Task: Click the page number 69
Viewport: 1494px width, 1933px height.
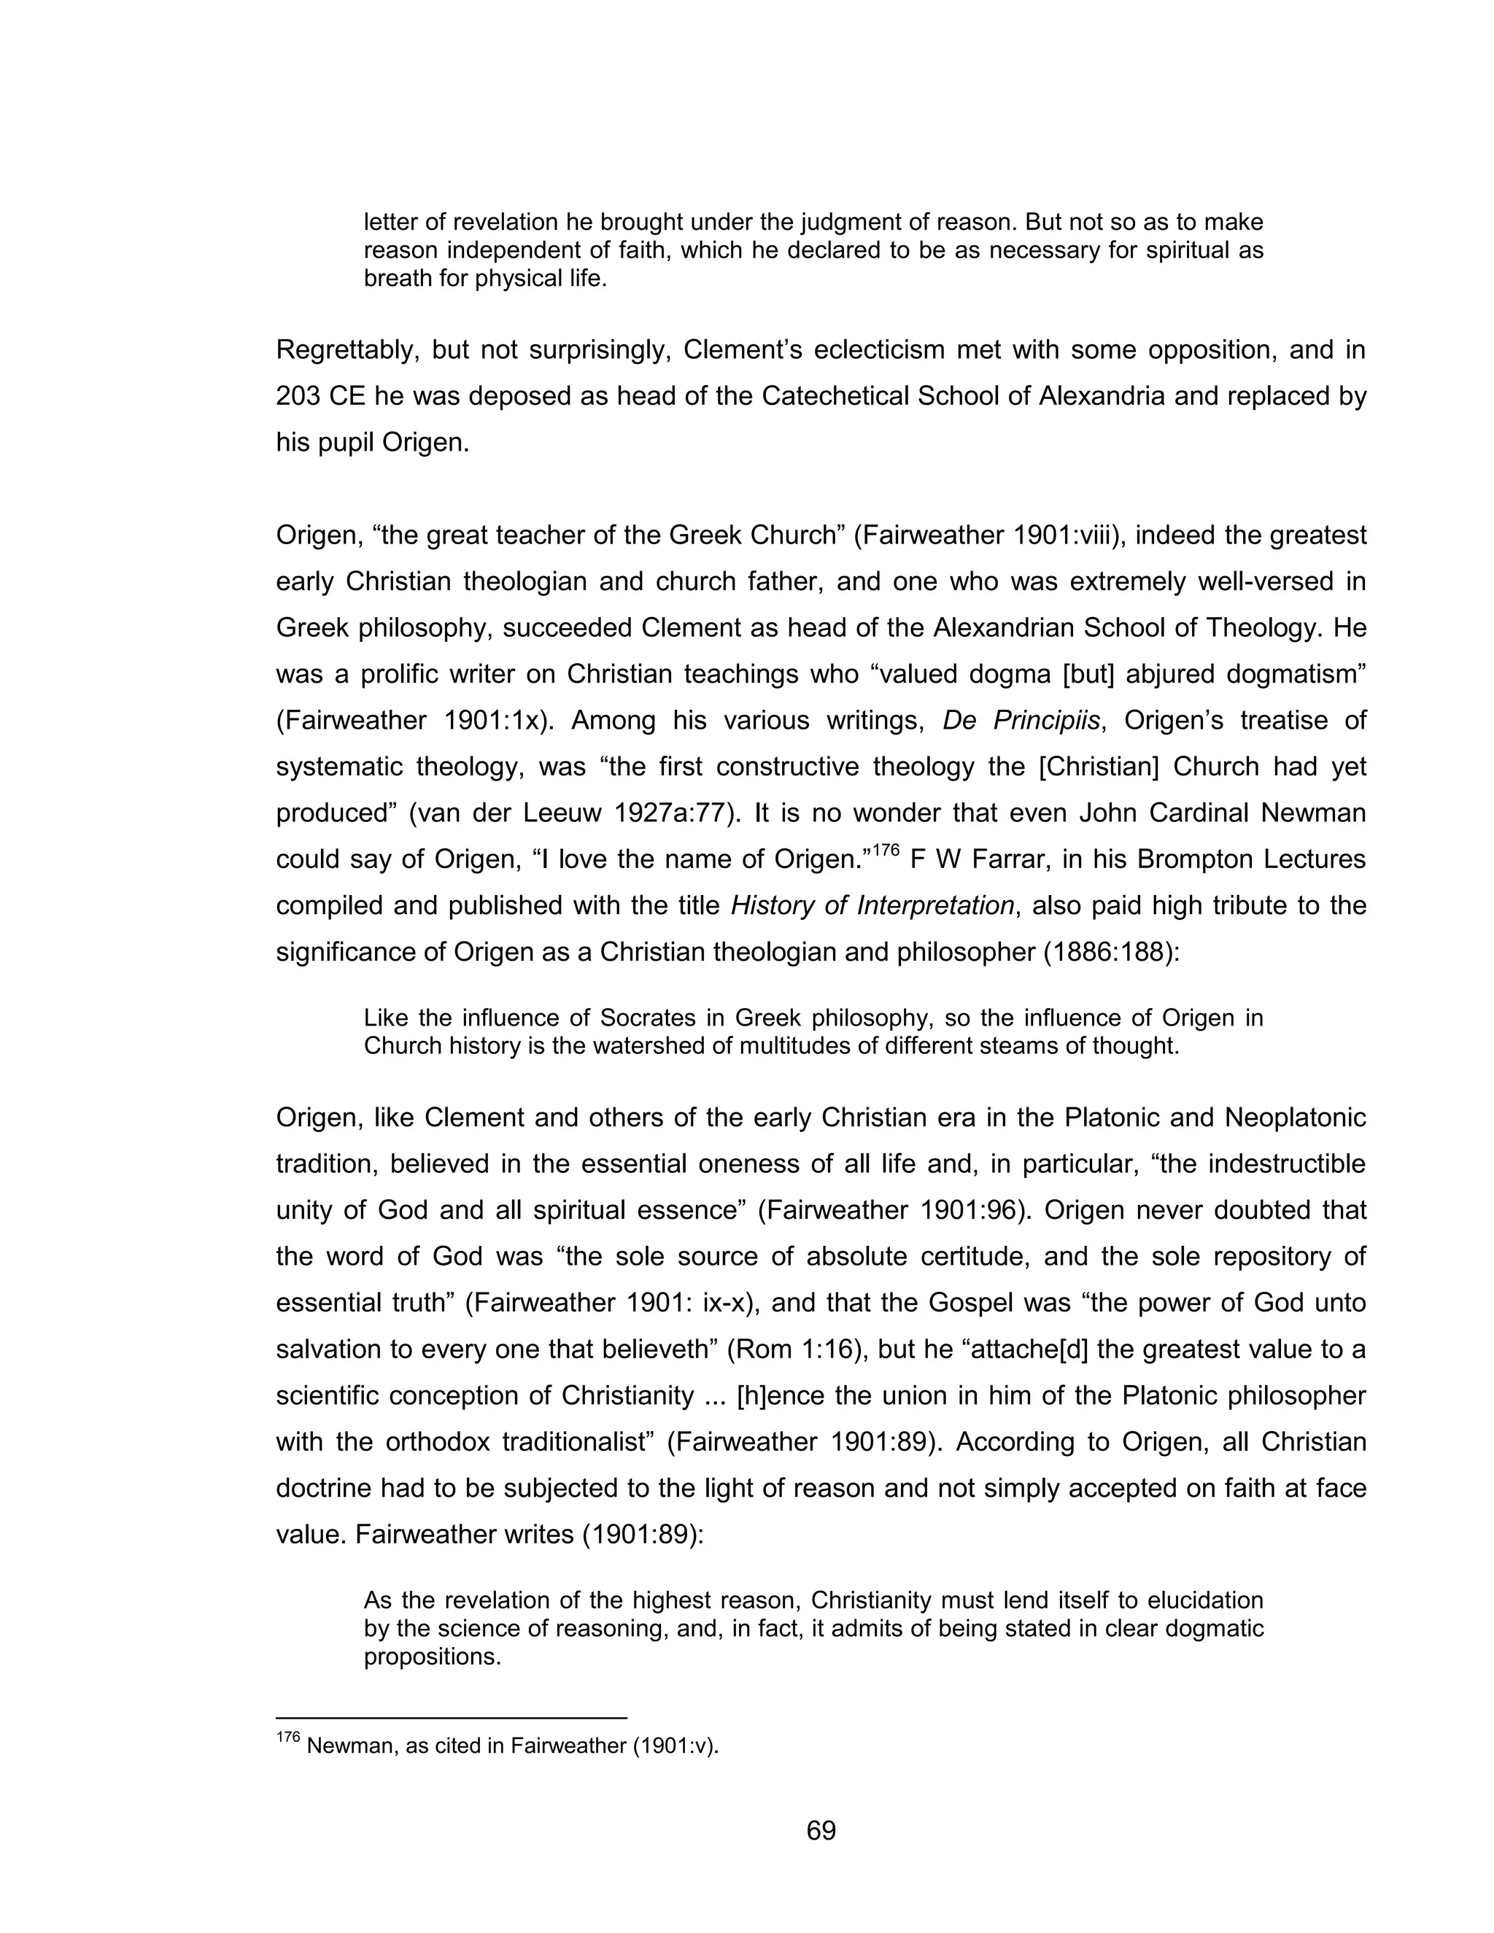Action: click(821, 1830)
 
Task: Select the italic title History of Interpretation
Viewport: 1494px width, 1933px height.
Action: click(872, 905)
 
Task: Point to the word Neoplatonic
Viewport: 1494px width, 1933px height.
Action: click(1295, 1117)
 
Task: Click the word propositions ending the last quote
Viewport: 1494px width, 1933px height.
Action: click(432, 1657)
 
